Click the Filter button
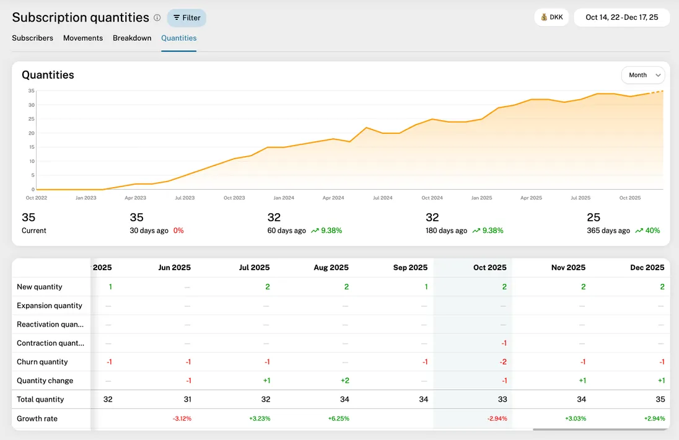click(x=186, y=18)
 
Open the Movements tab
click(x=83, y=38)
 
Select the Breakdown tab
click(x=132, y=38)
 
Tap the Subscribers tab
click(x=32, y=38)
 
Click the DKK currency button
click(x=551, y=17)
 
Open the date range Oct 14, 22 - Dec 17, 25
click(x=621, y=17)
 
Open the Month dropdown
click(x=642, y=75)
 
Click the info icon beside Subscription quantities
click(x=157, y=18)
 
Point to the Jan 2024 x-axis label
click(x=284, y=198)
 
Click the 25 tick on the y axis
click(x=31, y=119)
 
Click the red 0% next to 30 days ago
click(x=178, y=231)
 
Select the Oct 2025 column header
click(x=489, y=268)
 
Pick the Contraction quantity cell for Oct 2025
click(x=504, y=343)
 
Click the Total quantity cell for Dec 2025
click(x=660, y=400)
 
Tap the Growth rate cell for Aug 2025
click(x=338, y=419)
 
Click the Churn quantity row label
click(x=42, y=362)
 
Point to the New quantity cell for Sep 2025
click(x=425, y=287)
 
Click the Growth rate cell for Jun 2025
click(x=182, y=419)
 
